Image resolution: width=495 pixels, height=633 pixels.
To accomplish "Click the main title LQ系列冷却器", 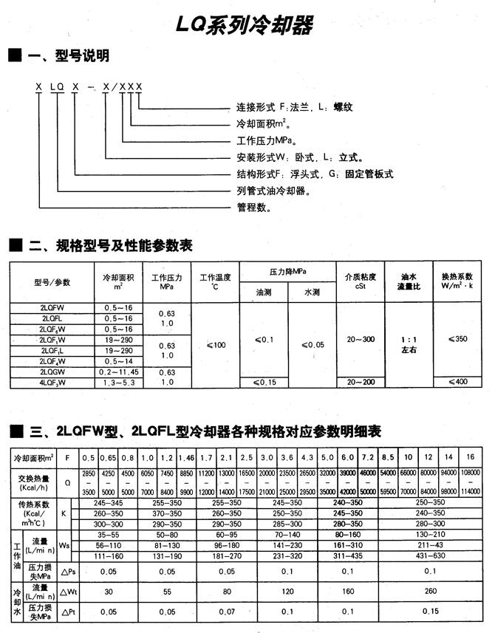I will pyautogui.click(x=245, y=26).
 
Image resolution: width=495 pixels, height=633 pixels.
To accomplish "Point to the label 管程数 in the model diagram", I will pyautogui.click(x=253, y=208).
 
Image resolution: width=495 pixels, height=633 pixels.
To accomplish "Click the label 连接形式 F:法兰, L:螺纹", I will pyautogui.click(x=295, y=106).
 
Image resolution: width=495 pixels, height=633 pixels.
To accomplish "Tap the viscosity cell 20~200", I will pyautogui.click(x=361, y=382).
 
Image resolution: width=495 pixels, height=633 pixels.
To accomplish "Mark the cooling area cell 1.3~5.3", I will pyautogui.click(x=118, y=383).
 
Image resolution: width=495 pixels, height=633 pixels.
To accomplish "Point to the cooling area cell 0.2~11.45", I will pyautogui.click(x=118, y=372).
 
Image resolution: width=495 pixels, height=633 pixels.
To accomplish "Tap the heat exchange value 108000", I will pyautogui.click(x=470, y=472).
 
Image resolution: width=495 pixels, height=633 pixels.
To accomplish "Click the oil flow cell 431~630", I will pyautogui.click(x=431, y=555).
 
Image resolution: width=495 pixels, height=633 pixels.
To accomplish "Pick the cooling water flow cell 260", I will pyautogui.click(x=431, y=592).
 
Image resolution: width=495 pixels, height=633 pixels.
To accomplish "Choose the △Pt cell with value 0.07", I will pyautogui.click(x=227, y=612).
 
